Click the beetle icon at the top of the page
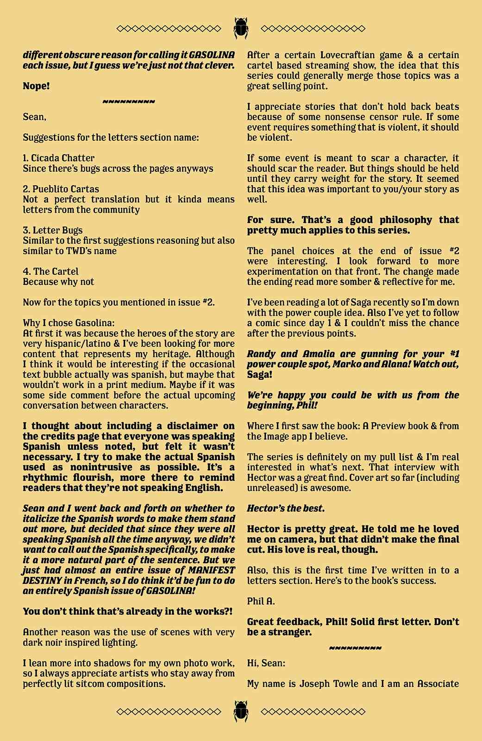click(241, 28)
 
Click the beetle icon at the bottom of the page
click(241, 711)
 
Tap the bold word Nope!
click(36, 86)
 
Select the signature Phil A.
click(261, 601)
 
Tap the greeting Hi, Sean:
click(266, 663)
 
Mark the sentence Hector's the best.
click(286, 509)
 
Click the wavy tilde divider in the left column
click(129, 101)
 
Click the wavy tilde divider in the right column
click(355, 648)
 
